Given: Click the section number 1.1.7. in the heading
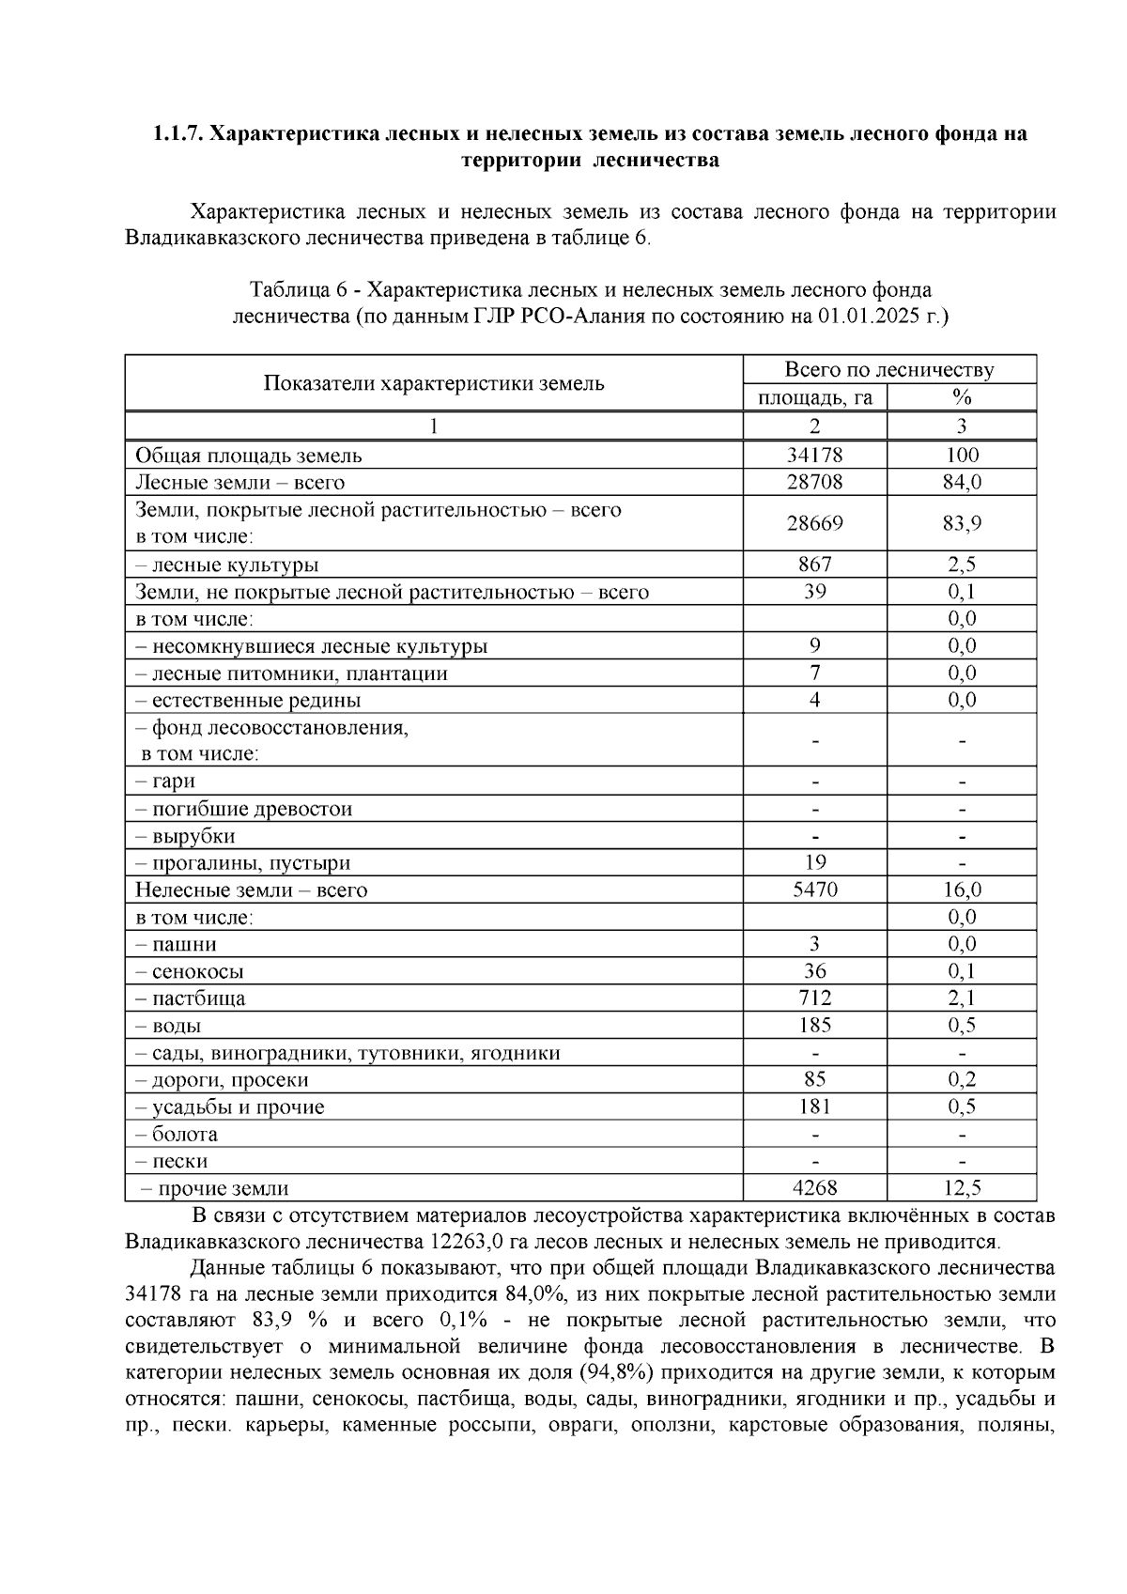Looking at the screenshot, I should (x=178, y=134).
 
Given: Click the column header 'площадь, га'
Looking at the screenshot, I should (x=815, y=397).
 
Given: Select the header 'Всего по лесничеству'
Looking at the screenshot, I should (x=889, y=369).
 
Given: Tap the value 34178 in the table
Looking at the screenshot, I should (x=815, y=456).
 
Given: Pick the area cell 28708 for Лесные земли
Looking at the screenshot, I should (x=815, y=483).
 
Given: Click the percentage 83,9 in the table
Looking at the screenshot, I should (x=962, y=523).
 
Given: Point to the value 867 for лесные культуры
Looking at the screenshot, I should (x=815, y=565).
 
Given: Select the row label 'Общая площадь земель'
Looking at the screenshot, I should (x=249, y=456).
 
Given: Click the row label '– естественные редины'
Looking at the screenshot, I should (x=248, y=701).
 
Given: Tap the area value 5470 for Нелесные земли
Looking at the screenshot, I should (x=815, y=890).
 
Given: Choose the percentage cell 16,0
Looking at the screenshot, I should (x=962, y=890).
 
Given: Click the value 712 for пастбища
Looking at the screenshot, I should (x=815, y=998).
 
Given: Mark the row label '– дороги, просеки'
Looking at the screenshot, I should (x=222, y=1080).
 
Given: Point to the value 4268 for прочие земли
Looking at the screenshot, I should (x=815, y=1188).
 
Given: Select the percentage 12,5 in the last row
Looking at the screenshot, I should (x=962, y=1188).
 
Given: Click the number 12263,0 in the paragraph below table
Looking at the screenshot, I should (x=467, y=1242).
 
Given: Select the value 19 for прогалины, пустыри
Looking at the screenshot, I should (x=815, y=863).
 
